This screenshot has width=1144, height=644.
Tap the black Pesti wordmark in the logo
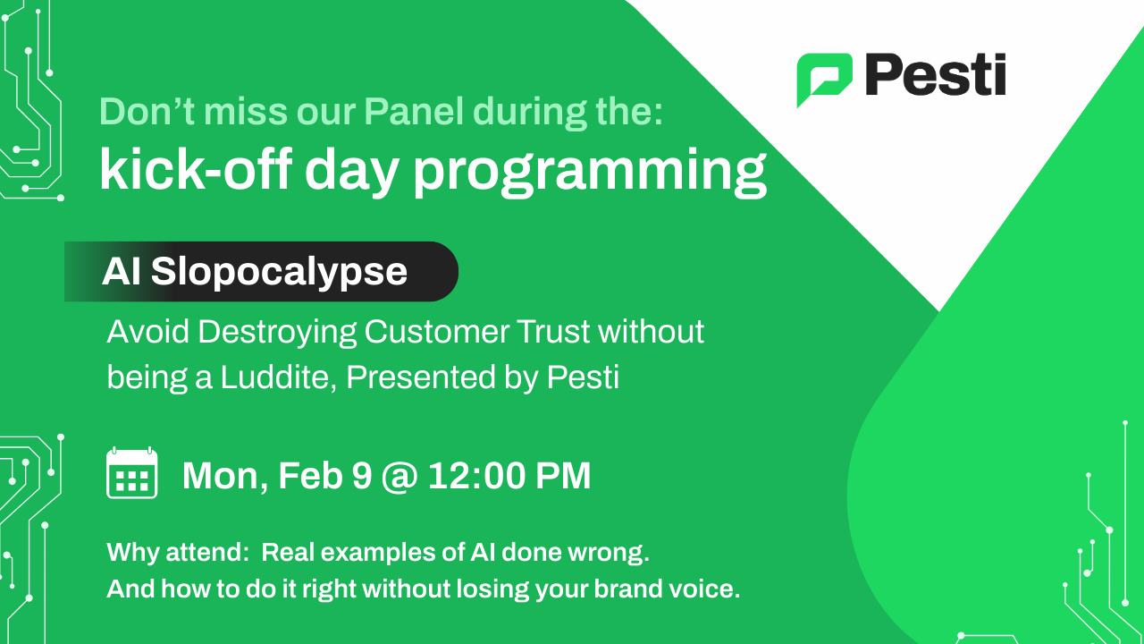(x=935, y=76)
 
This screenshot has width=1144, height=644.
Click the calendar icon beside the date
(x=132, y=473)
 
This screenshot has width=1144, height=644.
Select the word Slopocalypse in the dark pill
(x=279, y=272)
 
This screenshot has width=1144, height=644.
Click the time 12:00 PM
(x=509, y=476)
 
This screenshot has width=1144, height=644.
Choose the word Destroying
(x=276, y=333)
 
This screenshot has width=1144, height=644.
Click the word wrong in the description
(x=614, y=553)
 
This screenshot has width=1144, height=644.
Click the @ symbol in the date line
(x=400, y=476)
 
